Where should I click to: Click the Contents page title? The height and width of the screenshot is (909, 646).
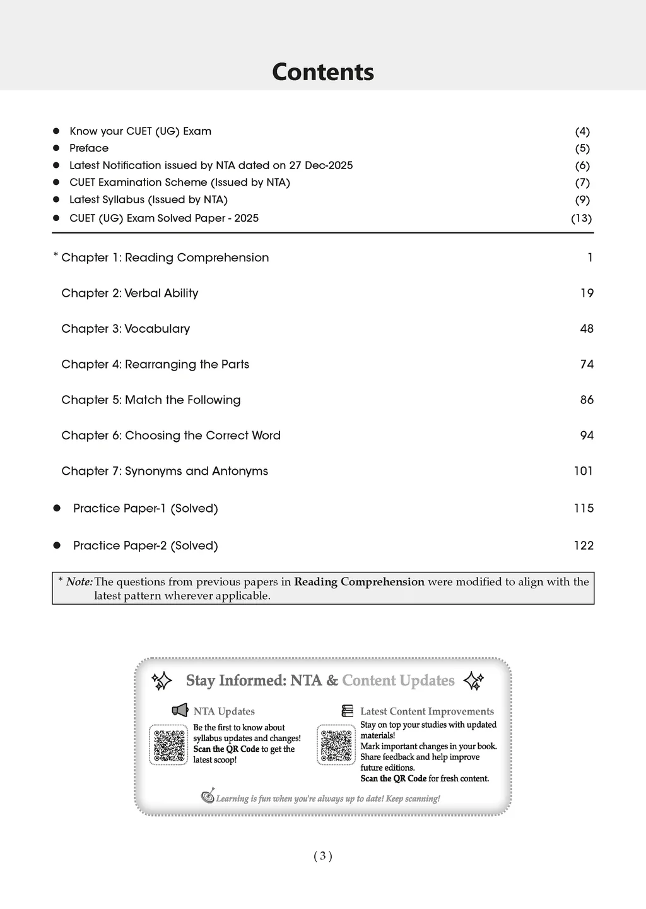322,72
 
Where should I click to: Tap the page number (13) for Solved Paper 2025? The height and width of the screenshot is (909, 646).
581,218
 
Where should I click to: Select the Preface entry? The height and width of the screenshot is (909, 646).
89,148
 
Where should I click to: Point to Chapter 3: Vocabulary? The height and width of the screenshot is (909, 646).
126,329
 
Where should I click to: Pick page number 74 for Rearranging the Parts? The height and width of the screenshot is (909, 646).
587,364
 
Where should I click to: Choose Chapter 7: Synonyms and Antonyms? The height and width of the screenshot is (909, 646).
165,471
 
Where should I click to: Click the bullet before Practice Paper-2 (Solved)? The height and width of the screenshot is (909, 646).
57,545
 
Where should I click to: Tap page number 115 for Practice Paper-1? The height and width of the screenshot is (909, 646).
584,508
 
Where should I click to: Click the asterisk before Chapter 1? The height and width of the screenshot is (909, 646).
56,255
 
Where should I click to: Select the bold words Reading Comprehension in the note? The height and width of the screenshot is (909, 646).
359,582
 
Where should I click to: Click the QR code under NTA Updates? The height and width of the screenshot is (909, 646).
168,745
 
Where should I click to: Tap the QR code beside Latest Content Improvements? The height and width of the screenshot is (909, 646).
336,745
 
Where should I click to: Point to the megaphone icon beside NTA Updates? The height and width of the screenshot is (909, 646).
180,711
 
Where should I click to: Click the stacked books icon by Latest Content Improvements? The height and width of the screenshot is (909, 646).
348,711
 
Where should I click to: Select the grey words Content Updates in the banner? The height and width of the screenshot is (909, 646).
398,680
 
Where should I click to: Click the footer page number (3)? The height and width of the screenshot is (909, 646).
322,856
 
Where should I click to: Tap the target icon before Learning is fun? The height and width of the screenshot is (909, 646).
208,797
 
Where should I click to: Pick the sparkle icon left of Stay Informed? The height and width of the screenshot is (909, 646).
162,681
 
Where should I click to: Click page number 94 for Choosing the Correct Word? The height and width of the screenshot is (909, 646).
587,436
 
